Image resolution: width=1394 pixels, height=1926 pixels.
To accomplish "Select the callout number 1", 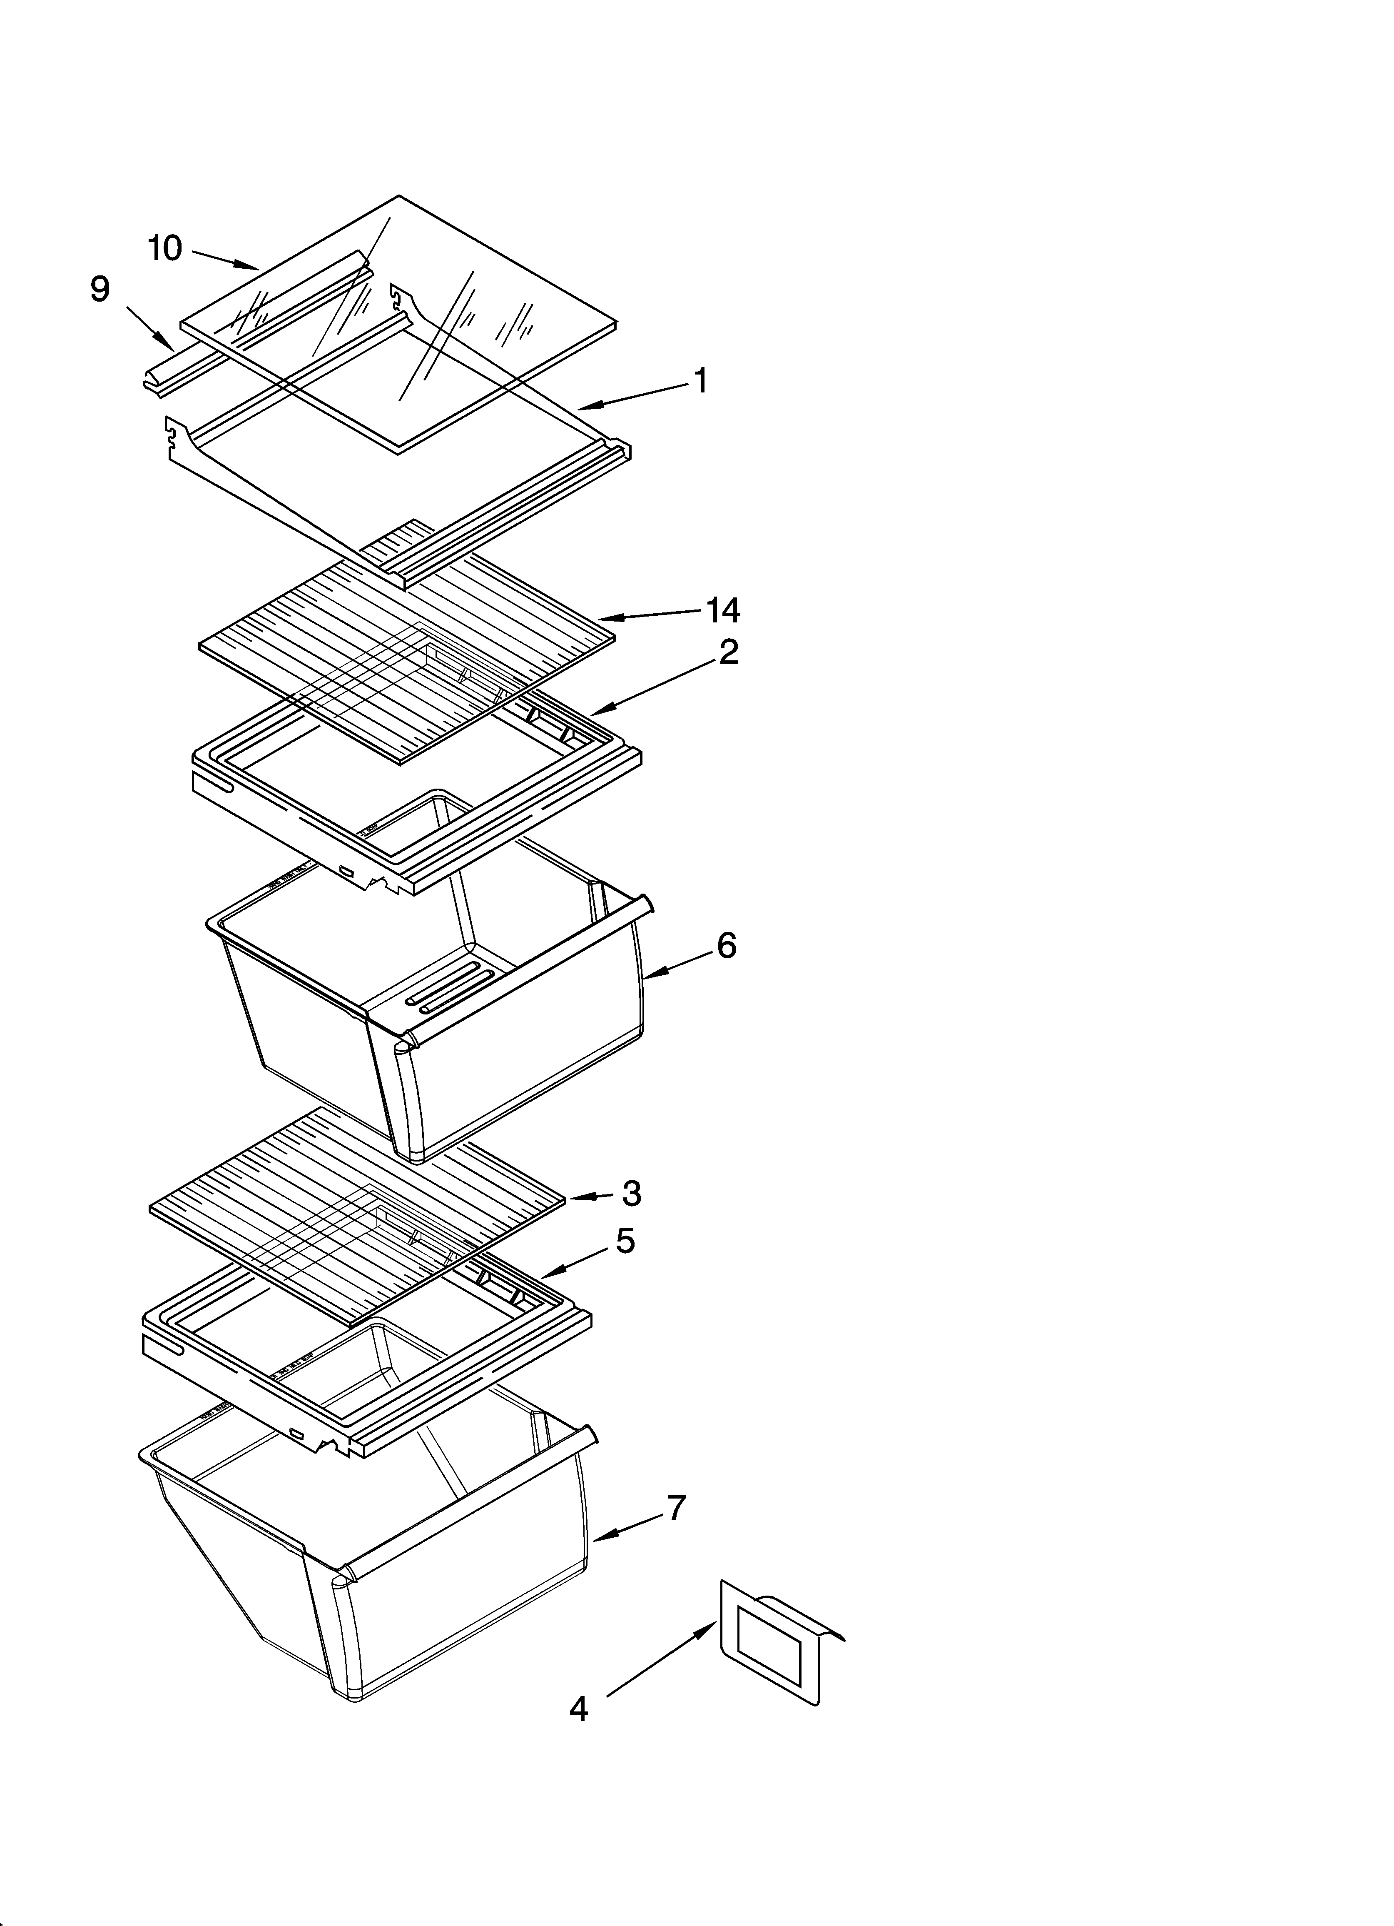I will tap(700, 381).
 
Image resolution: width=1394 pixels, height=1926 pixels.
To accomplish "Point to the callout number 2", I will tap(727, 652).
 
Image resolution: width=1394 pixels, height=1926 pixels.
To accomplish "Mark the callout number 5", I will tap(625, 1242).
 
